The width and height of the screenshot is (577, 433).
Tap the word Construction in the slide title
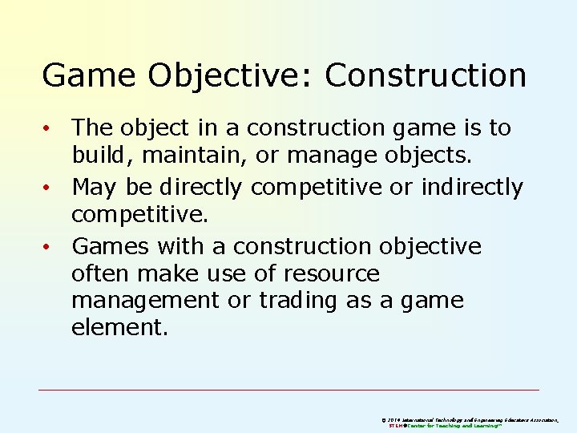coord(426,76)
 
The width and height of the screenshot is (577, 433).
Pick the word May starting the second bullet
coord(94,187)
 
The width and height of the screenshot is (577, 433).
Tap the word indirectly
coord(471,187)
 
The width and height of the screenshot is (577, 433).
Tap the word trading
coord(300,301)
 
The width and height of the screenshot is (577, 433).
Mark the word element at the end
coord(119,328)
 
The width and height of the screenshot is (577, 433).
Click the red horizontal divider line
coord(288,390)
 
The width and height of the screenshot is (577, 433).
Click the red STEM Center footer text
coord(444,426)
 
